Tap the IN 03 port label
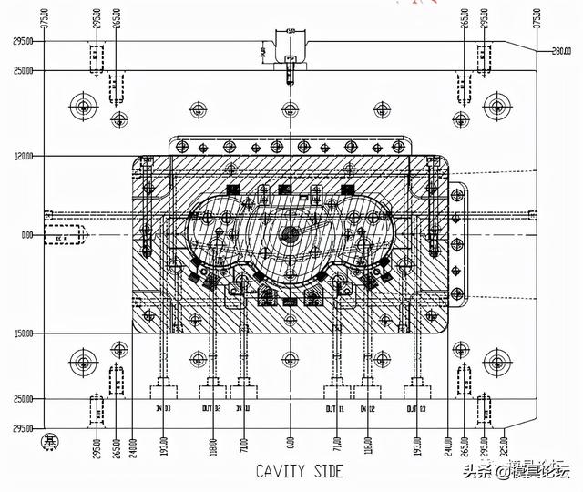point(164,386)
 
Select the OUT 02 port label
point(212,386)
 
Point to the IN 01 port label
point(243,386)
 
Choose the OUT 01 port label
point(336,386)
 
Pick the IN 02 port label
point(367,386)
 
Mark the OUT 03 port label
point(416,386)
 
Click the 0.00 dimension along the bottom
point(291,444)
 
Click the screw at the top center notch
point(291,66)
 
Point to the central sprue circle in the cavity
point(291,233)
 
